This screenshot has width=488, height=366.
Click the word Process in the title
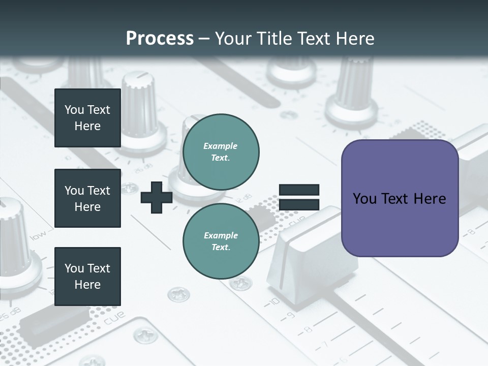[x=160, y=38]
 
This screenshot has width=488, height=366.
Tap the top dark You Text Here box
[x=87, y=118]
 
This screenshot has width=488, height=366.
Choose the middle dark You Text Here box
[x=87, y=198]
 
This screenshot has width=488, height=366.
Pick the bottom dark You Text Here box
[x=87, y=277]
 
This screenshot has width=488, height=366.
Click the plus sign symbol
[x=157, y=197]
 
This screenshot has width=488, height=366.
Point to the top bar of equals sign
[x=299, y=190]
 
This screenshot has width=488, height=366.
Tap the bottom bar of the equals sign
[x=299, y=204]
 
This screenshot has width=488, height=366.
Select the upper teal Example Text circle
[x=221, y=151]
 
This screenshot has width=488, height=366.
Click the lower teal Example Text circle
[x=221, y=241]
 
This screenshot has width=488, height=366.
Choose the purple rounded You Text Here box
[x=400, y=198]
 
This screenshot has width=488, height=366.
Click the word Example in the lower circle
[x=221, y=235]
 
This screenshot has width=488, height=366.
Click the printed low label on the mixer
[x=39, y=235]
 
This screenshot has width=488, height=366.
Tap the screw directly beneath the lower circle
[x=240, y=283]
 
